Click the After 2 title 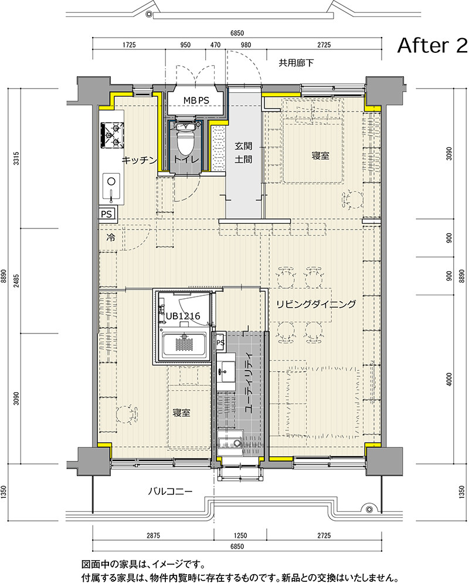click(x=432, y=46)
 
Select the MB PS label click(x=196, y=100)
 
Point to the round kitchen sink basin click(x=111, y=181)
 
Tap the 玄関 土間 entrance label click(x=244, y=153)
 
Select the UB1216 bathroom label click(x=183, y=316)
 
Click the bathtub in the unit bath click(x=185, y=346)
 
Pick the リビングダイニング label click(x=315, y=304)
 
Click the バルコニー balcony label click(x=171, y=491)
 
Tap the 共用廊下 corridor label click(x=296, y=63)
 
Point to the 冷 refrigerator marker click(x=111, y=237)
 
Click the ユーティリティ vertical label click(x=249, y=383)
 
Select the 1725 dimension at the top click(x=129, y=45)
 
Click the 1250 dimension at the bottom click(x=240, y=535)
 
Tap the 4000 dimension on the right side click(x=449, y=379)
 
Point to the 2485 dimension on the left click(x=16, y=281)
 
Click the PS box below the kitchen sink click(x=107, y=214)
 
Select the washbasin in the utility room click(x=226, y=372)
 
